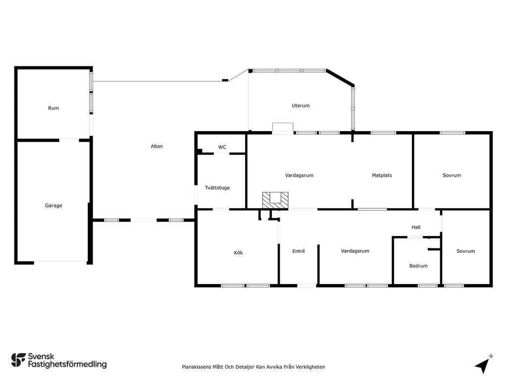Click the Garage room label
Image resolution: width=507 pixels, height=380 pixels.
point(53,205)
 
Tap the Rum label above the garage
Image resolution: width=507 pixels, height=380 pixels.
point(53,108)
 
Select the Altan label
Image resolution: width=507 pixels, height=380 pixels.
point(157,146)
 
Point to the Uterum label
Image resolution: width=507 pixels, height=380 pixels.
point(301,106)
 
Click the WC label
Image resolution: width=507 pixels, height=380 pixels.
point(222,147)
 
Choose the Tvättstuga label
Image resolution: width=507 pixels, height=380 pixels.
point(217,188)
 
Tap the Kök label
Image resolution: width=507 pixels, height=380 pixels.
point(238,253)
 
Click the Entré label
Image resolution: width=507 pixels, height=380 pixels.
point(299,251)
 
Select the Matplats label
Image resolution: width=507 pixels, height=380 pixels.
point(382,176)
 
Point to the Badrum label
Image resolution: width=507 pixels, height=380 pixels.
point(418,266)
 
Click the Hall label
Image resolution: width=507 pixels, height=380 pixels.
point(416,227)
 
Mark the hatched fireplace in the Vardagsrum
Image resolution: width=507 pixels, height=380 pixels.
point(275,200)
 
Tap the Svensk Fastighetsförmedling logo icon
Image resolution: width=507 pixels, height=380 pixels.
point(18,360)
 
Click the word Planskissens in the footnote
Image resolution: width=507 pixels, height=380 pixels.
point(196,367)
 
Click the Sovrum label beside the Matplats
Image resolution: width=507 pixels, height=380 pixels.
point(452,176)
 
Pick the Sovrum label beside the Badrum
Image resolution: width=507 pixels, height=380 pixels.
point(465,251)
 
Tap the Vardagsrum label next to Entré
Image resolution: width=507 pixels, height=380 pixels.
point(355,251)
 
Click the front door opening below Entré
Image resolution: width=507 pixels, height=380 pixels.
point(307,285)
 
